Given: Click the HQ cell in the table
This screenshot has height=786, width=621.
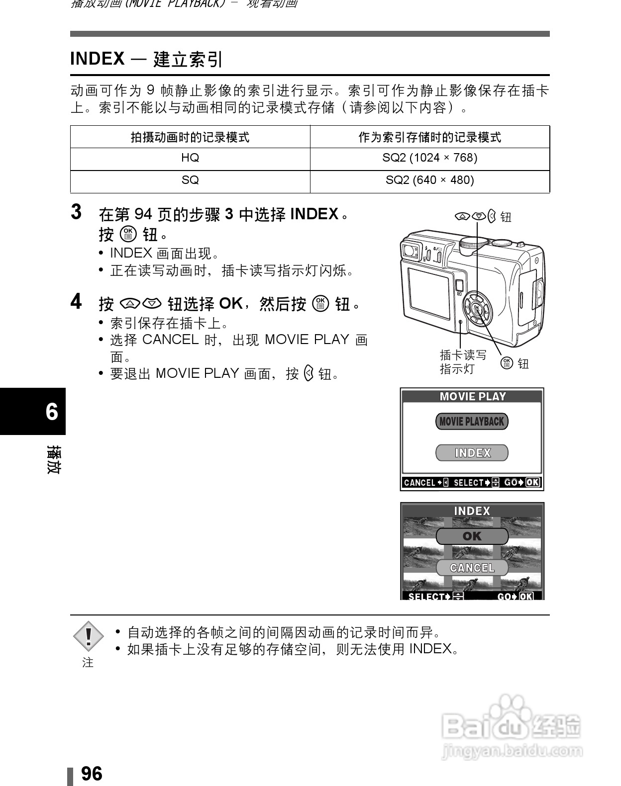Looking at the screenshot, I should click(x=190, y=158).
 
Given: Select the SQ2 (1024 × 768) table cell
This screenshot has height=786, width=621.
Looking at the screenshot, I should click(x=429, y=158).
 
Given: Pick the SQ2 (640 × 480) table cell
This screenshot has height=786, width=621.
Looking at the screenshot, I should click(x=429, y=180).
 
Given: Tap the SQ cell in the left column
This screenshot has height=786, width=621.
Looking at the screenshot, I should click(x=190, y=180).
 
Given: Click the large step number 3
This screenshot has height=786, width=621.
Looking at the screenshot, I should click(x=76, y=212).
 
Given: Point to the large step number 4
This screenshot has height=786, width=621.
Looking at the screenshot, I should click(x=76, y=302).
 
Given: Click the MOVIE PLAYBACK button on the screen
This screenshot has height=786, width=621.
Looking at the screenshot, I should click(x=472, y=422).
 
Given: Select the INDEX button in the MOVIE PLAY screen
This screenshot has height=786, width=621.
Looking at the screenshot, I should click(x=472, y=453).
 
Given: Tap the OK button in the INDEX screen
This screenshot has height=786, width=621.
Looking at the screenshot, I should click(x=472, y=536).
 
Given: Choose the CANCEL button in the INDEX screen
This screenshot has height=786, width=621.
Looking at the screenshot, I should click(x=472, y=568).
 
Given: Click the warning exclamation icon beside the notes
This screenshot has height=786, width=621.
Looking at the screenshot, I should click(x=88, y=636).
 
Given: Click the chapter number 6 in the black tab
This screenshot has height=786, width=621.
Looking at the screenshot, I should click(x=52, y=412).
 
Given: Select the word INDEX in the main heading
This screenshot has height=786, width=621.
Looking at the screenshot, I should click(x=98, y=59).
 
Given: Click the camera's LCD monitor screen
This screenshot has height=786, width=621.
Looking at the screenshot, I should click(x=429, y=293).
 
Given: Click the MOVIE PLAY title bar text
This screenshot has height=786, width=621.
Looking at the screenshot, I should click(x=472, y=396).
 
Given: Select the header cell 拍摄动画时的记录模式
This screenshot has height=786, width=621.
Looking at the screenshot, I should click(x=190, y=137).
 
